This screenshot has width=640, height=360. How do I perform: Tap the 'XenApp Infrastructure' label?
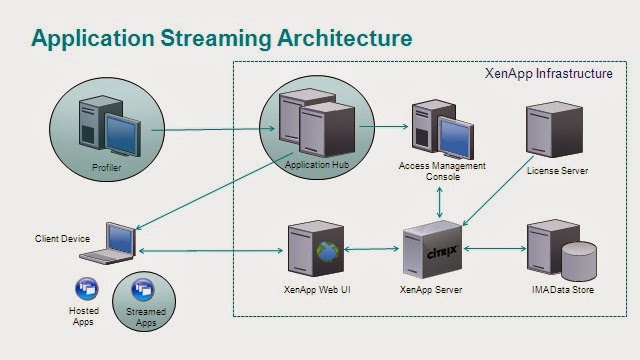click(548, 73)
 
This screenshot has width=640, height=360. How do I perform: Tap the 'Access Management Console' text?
click(442, 171)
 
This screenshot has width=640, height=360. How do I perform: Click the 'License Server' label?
click(557, 171)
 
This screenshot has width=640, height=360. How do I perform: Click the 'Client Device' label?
click(61, 239)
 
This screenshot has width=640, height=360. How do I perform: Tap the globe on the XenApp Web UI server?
click(325, 251)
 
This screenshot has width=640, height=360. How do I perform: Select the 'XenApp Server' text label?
click(430, 289)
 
